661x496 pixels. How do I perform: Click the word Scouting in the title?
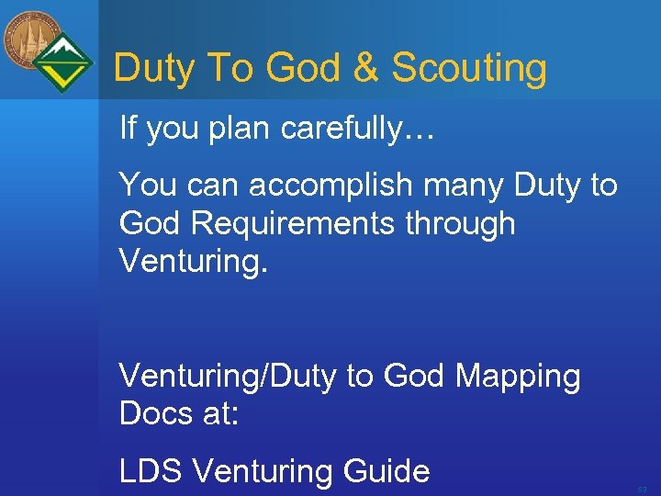469,69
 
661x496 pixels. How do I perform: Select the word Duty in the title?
152,68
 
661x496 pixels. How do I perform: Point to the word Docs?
154,413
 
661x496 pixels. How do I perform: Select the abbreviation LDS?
151,471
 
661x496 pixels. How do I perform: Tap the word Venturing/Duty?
229,377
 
